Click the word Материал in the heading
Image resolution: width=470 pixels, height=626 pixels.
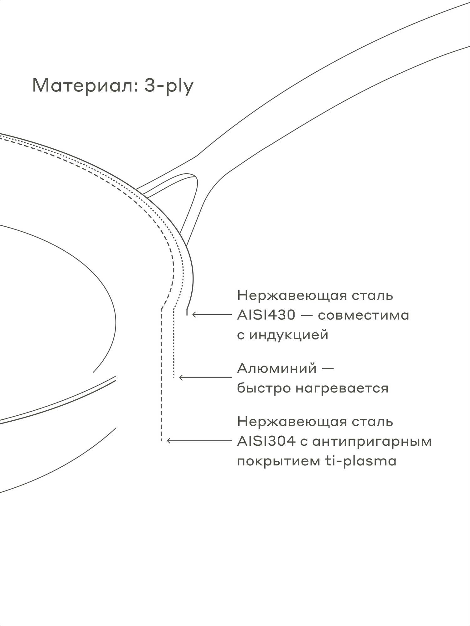84,85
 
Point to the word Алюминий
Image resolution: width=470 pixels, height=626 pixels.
277,368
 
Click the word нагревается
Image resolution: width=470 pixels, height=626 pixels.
342,388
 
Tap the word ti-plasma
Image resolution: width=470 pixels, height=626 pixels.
360,461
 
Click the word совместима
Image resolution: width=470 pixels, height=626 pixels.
364,315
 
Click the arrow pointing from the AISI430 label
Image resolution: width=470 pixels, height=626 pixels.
212,315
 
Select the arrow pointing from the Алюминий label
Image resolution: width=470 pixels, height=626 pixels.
205,378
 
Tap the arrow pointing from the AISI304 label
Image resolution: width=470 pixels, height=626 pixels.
199,441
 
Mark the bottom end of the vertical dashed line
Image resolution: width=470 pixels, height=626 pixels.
161,440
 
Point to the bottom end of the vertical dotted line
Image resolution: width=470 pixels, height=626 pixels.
174,377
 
